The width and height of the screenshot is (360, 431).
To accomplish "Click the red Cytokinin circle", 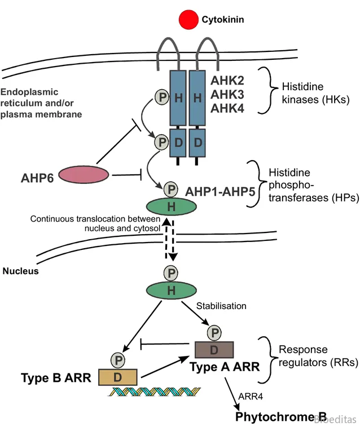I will coord(189,21).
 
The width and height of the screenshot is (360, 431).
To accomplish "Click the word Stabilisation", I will coord(221,306).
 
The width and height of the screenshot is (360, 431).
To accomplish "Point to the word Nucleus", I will coord(20,271).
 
